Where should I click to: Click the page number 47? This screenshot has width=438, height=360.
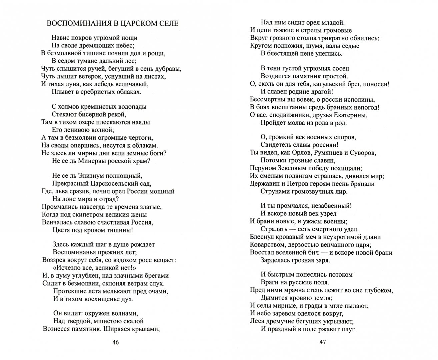coord(322,342)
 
